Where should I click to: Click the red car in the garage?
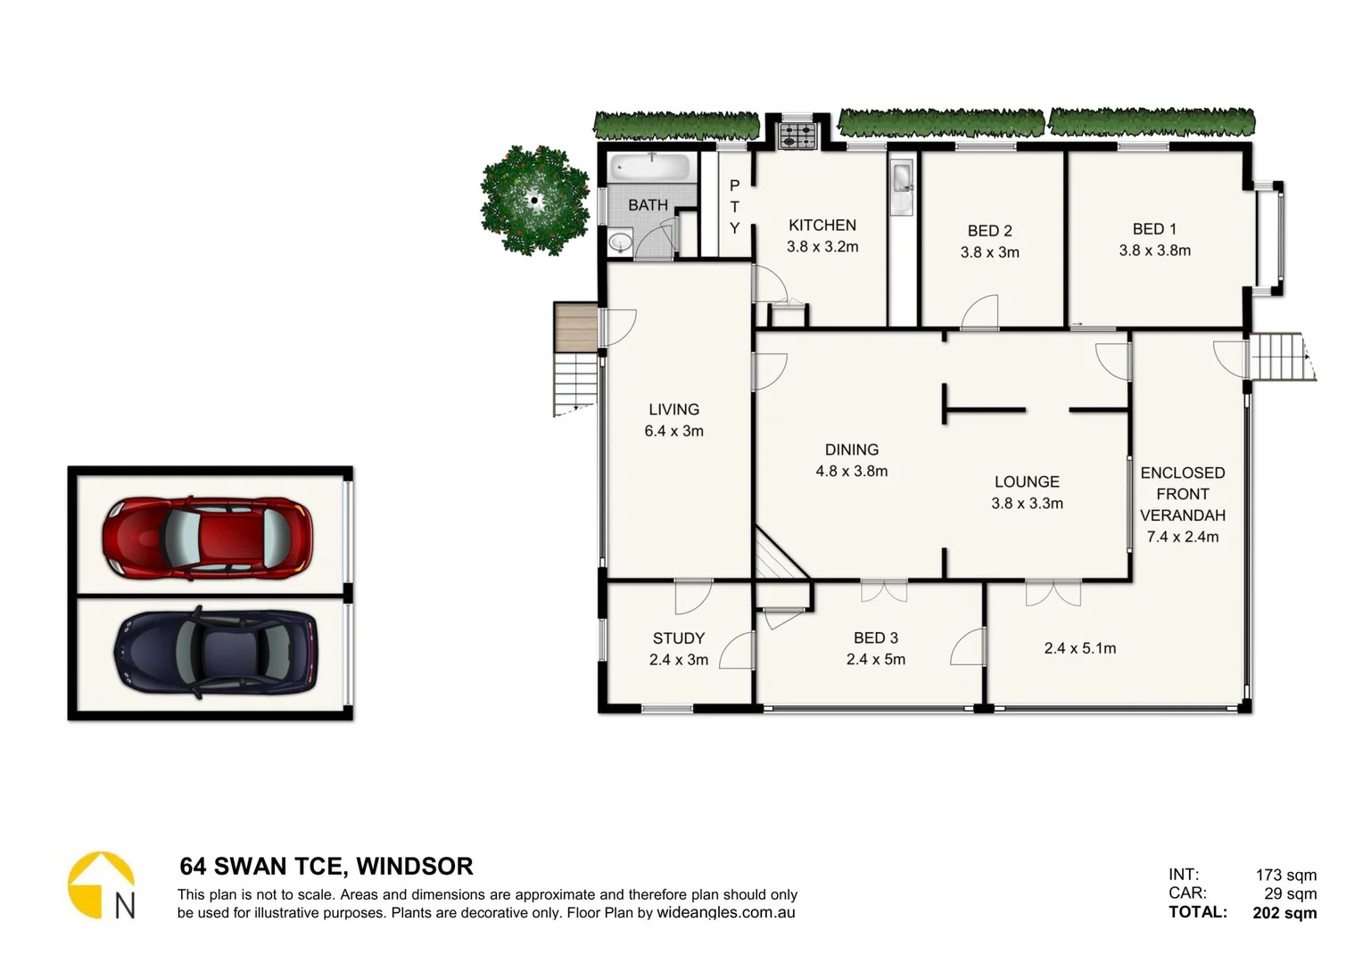pyautogui.click(x=207, y=537)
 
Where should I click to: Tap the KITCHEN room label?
pyautogui.click(x=822, y=226)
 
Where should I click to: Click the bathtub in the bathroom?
pyautogui.click(x=651, y=168)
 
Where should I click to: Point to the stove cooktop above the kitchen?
pyautogui.click(x=797, y=136)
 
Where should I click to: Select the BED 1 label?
pyautogui.click(x=1154, y=229)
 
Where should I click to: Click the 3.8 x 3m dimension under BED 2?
pyautogui.click(x=989, y=252)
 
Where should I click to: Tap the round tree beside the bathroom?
pyautogui.click(x=534, y=201)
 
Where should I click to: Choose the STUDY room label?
pyautogui.click(x=678, y=638)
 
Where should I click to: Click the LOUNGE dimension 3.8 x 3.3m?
pyautogui.click(x=1027, y=504)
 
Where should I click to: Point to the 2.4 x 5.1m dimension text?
pyautogui.click(x=1079, y=648)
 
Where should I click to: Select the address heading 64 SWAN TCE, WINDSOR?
pyautogui.click(x=326, y=866)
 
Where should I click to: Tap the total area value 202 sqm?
pyautogui.click(x=1284, y=912)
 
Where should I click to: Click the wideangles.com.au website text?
pyautogui.click(x=725, y=913)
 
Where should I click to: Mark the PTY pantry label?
pyautogui.click(x=734, y=207)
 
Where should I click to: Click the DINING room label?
pyautogui.click(x=851, y=450)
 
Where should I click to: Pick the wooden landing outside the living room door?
pyautogui.click(x=574, y=326)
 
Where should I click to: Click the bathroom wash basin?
pyautogui.click(x=620, y=242)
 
